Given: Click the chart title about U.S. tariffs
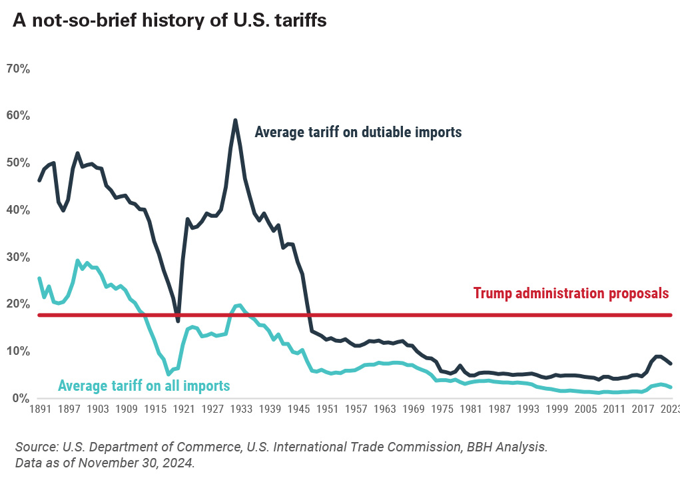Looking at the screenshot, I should tap(170, 21).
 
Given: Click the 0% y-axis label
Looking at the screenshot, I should tap(19, 398).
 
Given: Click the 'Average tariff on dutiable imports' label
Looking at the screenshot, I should tap(358, 132).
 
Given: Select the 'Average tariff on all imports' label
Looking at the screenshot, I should tap(144, 385).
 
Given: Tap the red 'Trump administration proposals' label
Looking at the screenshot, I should tap(571, 293).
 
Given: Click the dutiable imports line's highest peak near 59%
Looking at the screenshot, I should tap(235, 121).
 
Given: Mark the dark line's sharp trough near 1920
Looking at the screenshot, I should tap(178, 321).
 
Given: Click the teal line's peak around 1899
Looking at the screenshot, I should tap(77, 261).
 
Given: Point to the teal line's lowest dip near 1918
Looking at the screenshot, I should tap(169, 374).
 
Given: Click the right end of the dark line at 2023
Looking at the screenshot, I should tap(671, 364).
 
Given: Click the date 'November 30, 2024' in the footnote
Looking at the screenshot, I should tap(146, 463).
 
